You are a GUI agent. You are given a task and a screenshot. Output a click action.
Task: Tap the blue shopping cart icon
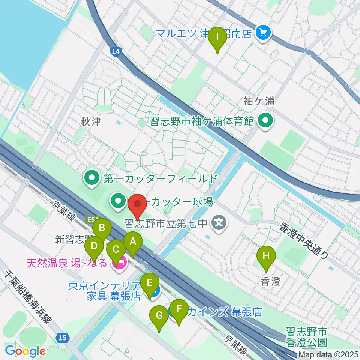click(263, 33)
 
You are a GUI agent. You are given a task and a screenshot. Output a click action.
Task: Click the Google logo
click(25, 351)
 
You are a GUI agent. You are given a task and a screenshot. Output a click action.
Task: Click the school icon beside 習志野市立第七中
click(219, 224)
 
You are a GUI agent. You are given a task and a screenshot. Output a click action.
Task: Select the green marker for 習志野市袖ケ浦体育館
click(267, 121)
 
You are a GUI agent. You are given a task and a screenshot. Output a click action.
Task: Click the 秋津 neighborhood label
click(91, 122)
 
